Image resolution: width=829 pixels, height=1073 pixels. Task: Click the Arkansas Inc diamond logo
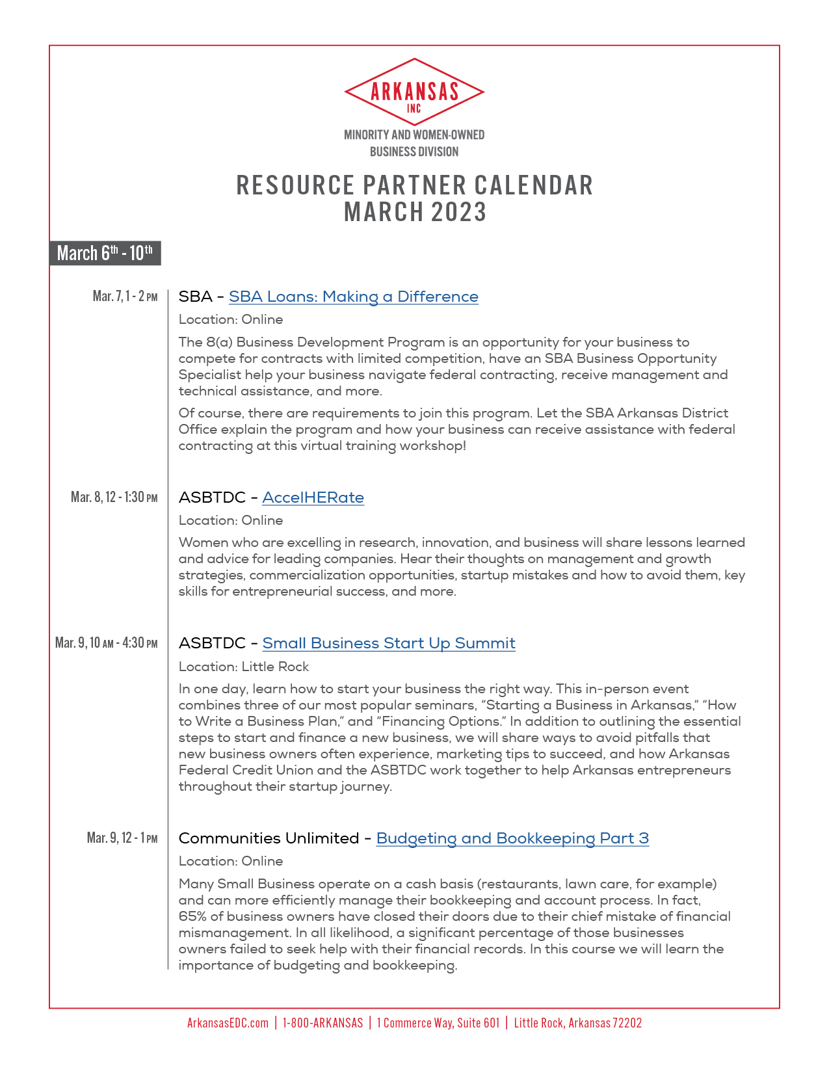[414, 92]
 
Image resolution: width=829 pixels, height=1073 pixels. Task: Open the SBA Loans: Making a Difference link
[353, 297]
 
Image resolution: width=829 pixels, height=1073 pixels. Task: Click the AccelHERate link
[313, 498]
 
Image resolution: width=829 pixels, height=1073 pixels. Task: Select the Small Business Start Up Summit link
[389, 644]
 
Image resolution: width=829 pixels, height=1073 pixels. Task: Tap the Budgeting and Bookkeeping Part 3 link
[512, 839]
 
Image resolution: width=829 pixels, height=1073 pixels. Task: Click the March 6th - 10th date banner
[105, 253]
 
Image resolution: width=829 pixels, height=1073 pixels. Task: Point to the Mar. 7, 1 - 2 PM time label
[125, 297]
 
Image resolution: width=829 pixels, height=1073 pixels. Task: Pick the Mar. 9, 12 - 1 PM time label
[122, 838]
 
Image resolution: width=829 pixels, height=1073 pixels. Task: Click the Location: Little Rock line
[244, 667]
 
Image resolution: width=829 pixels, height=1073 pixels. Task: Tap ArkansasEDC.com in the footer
[228, 1023]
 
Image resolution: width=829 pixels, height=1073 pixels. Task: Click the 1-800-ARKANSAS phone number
[322, 1023]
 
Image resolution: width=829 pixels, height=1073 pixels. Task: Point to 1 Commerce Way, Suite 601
[438, 1023]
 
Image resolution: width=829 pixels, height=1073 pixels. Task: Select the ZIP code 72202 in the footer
[627, 1023]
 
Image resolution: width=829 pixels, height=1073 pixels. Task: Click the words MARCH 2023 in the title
[415, 213]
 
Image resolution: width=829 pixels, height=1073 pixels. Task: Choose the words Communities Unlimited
[269, 839]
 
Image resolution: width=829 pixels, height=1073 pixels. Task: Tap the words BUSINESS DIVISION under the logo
[414, 152]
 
